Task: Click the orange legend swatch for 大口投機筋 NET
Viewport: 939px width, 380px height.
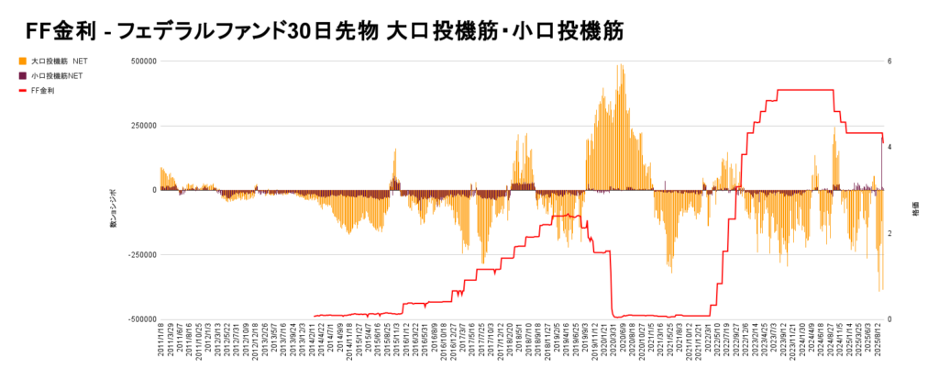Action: [x=22, y=61]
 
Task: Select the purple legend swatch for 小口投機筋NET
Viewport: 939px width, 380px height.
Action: [x=22, y=75]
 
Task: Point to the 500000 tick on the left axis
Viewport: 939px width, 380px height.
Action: [x=142, y=61]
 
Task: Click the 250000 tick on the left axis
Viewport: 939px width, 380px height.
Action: [x=142, y=126]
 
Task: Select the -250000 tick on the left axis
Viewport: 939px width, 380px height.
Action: [x=140, y=254]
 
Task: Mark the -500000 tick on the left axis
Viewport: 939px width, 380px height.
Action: [x=140, y=319]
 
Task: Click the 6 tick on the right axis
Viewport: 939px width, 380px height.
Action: [x=889, y=61]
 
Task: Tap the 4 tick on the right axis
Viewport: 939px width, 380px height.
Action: [x=889, y=147]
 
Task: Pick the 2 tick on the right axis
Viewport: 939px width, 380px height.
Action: [x=889, y=233]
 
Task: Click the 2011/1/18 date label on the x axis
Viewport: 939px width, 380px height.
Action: [x=161, y=345]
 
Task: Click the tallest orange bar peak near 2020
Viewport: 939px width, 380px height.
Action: [x=621, y=66]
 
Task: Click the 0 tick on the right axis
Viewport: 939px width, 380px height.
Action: [x=889, y=319]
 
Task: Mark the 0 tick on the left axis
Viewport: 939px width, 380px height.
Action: [x=154, y=190]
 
